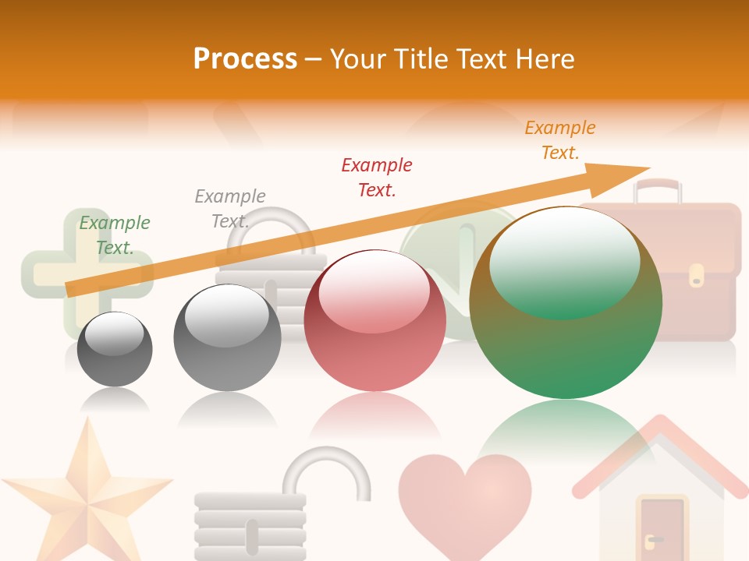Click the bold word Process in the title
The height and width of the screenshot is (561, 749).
point(245,59)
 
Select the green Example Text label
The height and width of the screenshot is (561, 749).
point(115,235)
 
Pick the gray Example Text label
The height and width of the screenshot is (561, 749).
point(230,208)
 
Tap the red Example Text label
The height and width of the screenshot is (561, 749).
point(377,177)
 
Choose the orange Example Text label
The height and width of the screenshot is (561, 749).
point(560,140)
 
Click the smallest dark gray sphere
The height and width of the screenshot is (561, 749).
point(115,349)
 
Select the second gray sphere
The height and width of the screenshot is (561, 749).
point(227,337)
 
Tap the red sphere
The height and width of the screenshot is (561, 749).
point(374,320)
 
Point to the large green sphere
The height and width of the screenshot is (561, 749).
point(566,302)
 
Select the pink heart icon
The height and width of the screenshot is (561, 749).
point(465,494)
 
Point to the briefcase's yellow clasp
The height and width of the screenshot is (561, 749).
point(696,275)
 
